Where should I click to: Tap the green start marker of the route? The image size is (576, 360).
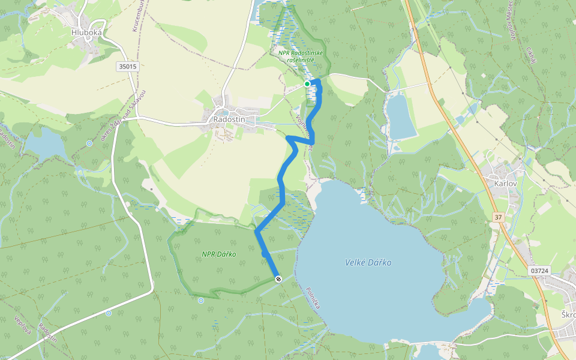pyautogui.click(x=307, y=84)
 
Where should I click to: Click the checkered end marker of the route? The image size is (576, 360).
pyautogui.click(x=278, y=279)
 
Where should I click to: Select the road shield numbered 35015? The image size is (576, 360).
pyautogui.click(x=128, y=67)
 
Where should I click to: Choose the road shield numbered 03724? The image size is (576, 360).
pyautogui.click(x=539, y=271)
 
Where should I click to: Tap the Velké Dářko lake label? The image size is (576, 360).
pyautogui.click(x=368, y=262)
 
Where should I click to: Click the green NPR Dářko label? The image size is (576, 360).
pyautogui.click(x=218, y=254)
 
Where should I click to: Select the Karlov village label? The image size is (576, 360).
pyautogui.click(x=502, y=181)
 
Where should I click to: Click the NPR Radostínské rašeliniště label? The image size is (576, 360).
pyautogui.click(x=301, y=56)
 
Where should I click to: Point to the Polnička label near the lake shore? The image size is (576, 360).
pyautogui.click(x=313, y=297)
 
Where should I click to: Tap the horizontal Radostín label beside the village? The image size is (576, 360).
pyautogui.click(x=229, y=119)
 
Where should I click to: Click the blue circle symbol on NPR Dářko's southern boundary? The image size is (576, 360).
pyautogui.click(x=201, y=300)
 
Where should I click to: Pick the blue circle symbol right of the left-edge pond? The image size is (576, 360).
pyautogui.click(x=89, y=143)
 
